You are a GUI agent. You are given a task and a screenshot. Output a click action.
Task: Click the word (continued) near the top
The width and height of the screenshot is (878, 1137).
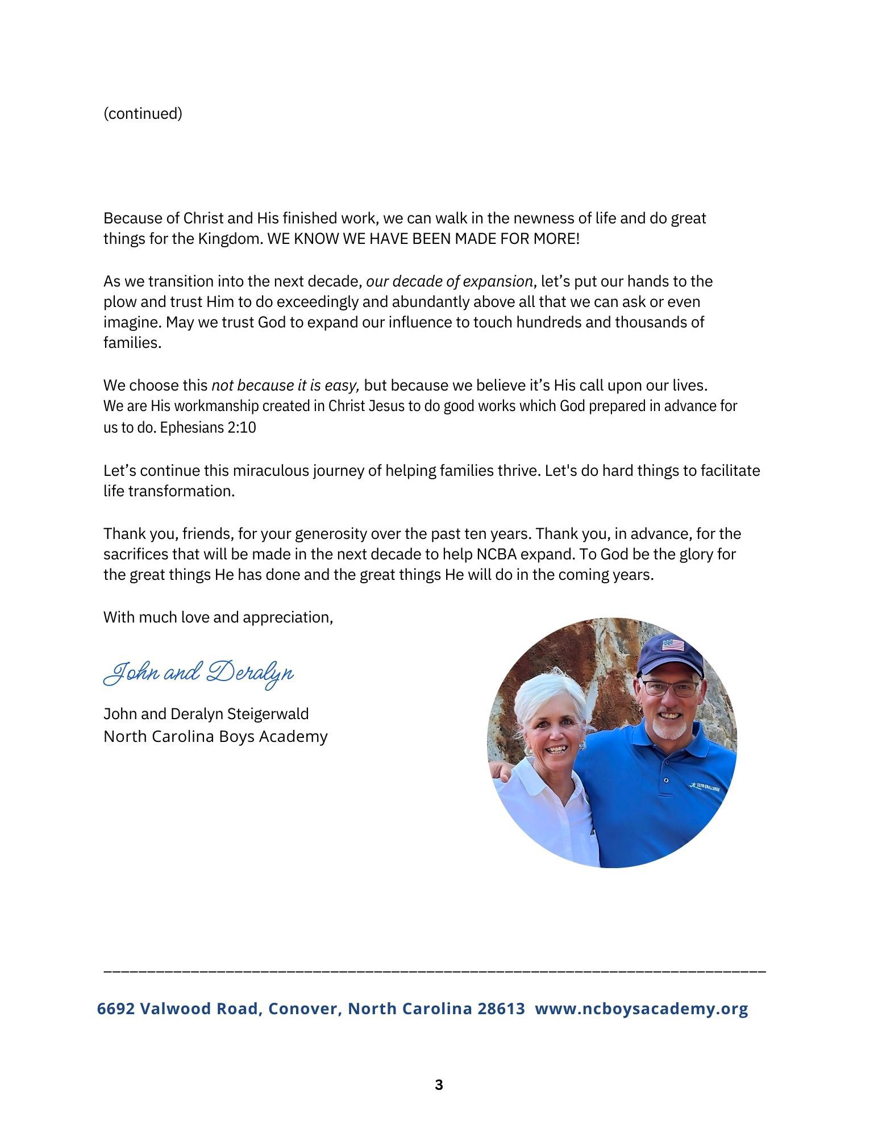(x=143, y=114)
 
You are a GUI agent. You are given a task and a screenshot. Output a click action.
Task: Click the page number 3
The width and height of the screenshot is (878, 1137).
(x=439, y=1085)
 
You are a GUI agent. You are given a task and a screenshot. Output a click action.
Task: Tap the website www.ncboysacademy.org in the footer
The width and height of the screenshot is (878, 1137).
(x=642, y=1009)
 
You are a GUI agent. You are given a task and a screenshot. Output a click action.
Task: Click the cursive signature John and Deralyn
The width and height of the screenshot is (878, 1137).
(x=198, y=674)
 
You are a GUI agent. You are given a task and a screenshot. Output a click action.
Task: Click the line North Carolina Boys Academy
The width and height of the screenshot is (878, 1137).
(x=215, y=736)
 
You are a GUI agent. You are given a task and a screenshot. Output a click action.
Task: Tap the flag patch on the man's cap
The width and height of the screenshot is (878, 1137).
(x=673, y=645)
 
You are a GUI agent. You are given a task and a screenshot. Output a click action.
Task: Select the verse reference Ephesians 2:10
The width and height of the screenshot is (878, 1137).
(x=208, y=428)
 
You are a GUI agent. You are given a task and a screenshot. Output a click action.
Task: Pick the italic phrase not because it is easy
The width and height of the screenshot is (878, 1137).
(x=285, y=385)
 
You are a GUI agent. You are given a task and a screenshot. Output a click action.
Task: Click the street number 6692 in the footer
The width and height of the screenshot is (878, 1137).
(x=116, y=1009)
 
